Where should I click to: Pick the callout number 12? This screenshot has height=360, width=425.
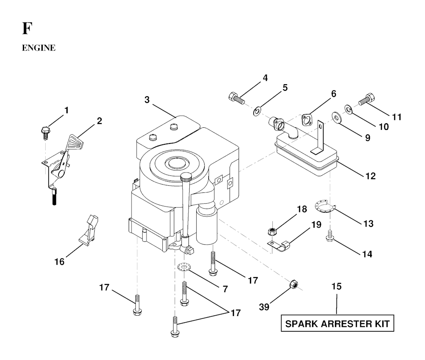(370, 176)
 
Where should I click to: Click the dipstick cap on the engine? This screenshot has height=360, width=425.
(186, 177)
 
